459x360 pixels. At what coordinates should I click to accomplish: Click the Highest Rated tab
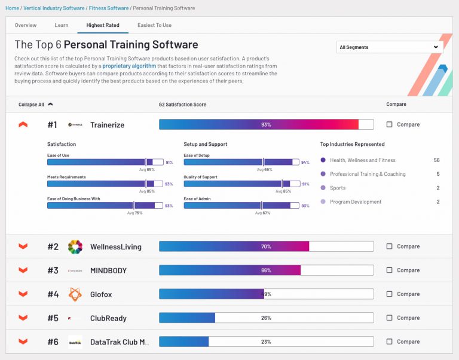(x=103, y=25)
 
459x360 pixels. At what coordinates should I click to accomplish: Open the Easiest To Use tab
(x=155, y=25)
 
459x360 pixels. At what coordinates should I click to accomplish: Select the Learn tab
(x=62, y=25)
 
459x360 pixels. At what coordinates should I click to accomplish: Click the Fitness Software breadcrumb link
(x=109, y=8)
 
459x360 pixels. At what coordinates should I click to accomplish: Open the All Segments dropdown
(x=390, y=47)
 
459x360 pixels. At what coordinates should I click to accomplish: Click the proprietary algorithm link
(x=128, y=66)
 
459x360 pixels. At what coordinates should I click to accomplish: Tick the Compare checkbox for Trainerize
(x=390, y=125)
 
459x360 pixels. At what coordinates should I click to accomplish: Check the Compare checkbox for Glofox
(x=390, y=294)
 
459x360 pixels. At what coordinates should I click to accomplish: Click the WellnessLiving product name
(x=116, y=246)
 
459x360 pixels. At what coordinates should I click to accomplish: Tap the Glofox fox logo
(x=75, y=294)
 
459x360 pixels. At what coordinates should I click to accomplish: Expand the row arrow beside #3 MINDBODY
(x=23, y=270)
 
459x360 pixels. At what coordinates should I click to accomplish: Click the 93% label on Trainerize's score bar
(x=266, y=125)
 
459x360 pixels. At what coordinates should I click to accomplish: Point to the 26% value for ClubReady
(x=266, y=318)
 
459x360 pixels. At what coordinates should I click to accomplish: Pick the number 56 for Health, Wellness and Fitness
(x=436, y=160)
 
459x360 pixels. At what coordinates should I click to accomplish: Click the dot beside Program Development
(x=323, y=202)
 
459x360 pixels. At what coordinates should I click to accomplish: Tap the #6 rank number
(x=53, y=341)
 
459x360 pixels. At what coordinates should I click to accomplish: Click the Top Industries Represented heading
(x=352, y=144)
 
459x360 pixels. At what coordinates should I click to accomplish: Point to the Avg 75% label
(x=134, y=213)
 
